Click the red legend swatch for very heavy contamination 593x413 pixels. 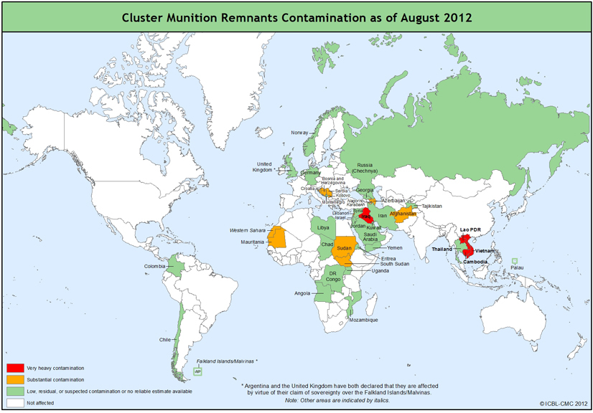tap(15, 368)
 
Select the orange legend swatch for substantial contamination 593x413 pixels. tap(15, 379)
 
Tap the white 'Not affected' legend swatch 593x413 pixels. tap(15, 403)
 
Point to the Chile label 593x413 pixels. tap(165, 340)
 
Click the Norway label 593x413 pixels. tap(299, 133)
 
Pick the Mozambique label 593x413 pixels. tap(363, 321)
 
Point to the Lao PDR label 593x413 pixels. tap(471, 230)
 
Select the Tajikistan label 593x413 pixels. tap(431, 206)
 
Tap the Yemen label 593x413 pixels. tap(395, 247)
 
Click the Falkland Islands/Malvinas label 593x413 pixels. tap(226, 361)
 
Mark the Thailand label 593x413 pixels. tap(442, 249)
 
